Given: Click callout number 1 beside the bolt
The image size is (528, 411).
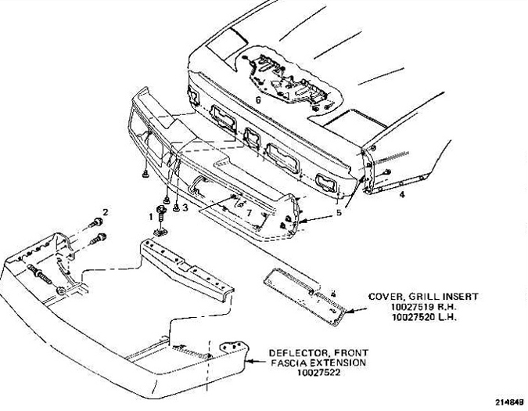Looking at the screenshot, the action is pyautogui.click(x=151, y=217).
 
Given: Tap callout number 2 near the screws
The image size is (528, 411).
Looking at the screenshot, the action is pyautogui.click(x=106, y=212).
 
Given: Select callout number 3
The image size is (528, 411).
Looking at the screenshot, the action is pyautogui.click(x=185, y=208).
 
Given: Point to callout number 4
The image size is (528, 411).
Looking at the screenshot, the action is pyautogui.click(x=402, y=194).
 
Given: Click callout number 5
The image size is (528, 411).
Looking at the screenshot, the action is pyautogui.click(x=339, y=213).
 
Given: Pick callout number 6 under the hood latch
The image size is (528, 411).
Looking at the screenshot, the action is pyautogui.click(x=258, y=99).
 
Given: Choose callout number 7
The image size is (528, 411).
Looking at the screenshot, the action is pyautogui.click(x=249, y=213).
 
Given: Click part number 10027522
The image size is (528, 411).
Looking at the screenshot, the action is pyautogui.click(x=318, y=373).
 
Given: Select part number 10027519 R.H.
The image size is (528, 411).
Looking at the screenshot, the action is pyautogui.click(x=424, y=307).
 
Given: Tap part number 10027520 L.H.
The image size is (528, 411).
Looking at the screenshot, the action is pyautogui.click(x=424, y=317).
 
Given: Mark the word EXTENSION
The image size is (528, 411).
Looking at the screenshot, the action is pyautogui.click(x=338, y=362).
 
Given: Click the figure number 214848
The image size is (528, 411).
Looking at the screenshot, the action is pyautogui.click(x=510, y=402).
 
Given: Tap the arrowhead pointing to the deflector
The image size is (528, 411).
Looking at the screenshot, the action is pyautogui.click(x=249, y=362).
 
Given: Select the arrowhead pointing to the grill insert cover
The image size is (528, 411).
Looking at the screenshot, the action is pyautogui.click(x=349, y=312).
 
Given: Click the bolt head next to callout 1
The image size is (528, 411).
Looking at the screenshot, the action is pyautogui.click(x=162, y=210).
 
